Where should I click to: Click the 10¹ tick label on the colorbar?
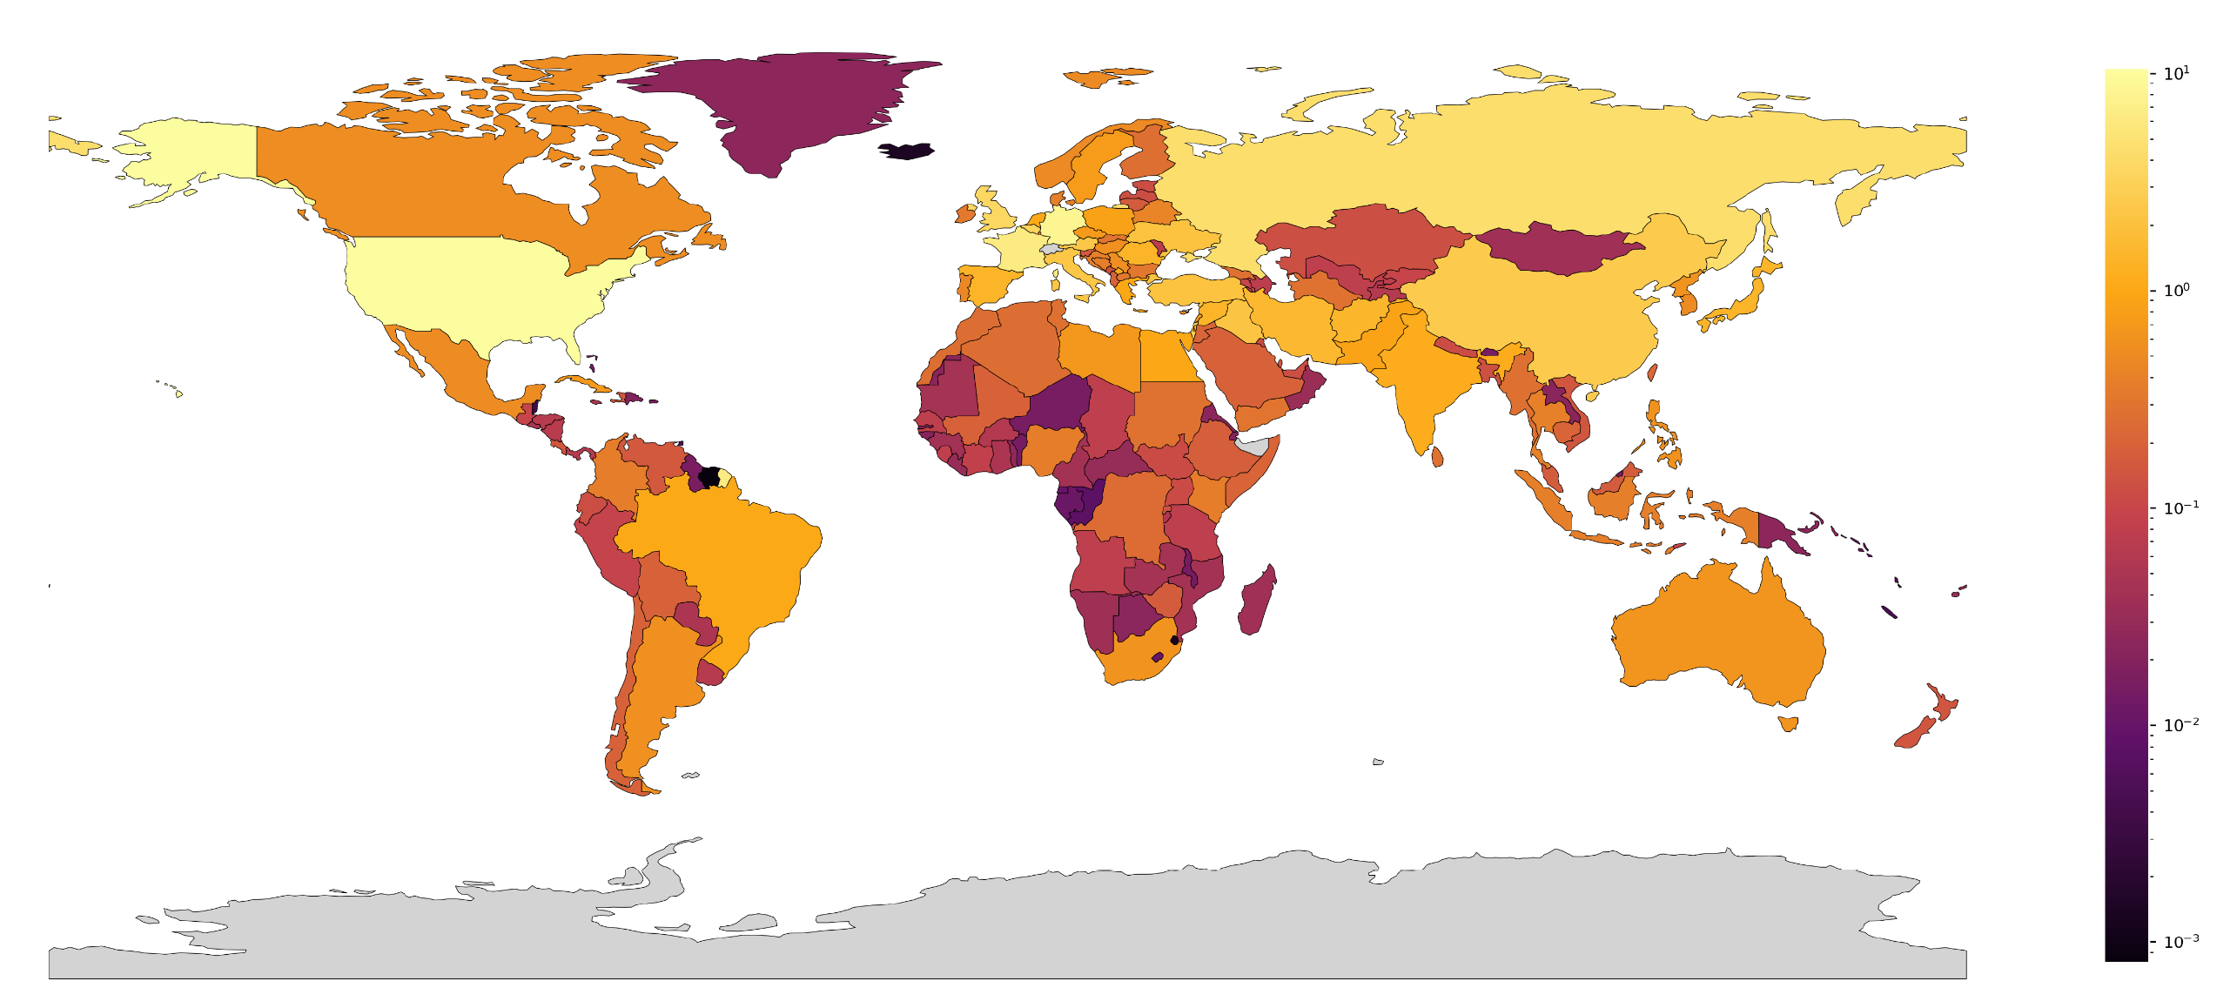click(x=2175, y=74)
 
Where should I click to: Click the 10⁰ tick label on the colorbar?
click(x=2175, y=291)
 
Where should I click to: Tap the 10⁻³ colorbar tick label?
click(x=2179, y=942)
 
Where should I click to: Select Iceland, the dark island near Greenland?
click(x=906, y=151)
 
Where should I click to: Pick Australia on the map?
click(x=1715, y=635)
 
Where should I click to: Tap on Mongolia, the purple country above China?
click(x=1558, y=248)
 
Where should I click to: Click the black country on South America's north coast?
click(x=709, y=477)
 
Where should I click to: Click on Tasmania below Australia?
click(x=1788, y=723)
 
